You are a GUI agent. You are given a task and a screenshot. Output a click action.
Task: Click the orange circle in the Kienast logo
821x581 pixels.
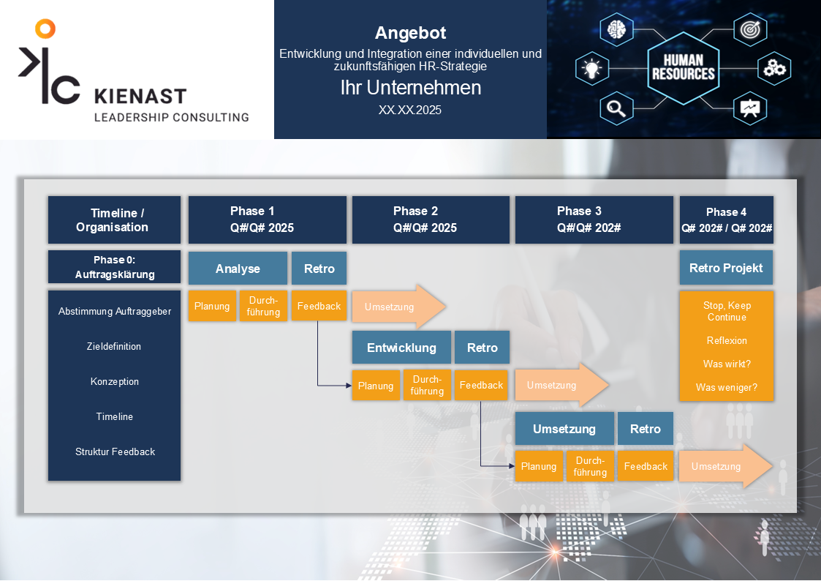coord(45,29)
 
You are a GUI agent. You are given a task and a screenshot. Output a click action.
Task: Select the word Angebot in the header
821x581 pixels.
coord(410,33)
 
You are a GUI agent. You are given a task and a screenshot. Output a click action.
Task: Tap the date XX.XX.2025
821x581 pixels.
coord(410,110)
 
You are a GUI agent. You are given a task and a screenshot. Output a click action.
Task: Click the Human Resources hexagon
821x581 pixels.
coord(683,67)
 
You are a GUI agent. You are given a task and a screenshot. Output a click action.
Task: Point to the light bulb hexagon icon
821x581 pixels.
coord(591,69)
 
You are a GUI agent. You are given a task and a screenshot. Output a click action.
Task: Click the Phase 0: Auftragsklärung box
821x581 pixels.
coord(114,267)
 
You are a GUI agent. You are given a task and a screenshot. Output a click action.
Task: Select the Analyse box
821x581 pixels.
coord(238,269)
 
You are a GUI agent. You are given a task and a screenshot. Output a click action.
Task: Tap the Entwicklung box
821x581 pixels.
coord(401,348)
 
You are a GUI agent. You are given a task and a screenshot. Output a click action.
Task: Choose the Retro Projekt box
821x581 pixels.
coord(726,268)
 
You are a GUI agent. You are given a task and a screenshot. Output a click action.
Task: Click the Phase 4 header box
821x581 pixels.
coord(727,220)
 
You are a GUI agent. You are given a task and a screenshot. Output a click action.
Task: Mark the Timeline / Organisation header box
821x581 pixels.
coord(114,220)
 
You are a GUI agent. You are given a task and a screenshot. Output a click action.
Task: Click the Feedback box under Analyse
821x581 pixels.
coord(319,306)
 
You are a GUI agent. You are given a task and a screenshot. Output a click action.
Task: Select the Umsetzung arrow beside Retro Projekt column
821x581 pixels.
coord(724,466)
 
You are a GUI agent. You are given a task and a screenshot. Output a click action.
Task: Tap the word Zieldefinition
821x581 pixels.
coord(114,346)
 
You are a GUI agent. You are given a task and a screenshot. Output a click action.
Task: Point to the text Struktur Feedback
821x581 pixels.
coord(115,451)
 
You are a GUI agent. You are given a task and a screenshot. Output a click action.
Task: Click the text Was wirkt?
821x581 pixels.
coord(727,364)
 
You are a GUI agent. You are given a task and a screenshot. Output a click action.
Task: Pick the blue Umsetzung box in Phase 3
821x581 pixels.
coord(564,429)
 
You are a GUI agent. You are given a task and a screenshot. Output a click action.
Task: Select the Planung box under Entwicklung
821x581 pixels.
coord(376,386)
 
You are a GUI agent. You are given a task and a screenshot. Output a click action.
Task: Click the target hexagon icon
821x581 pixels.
coord(749,30)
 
